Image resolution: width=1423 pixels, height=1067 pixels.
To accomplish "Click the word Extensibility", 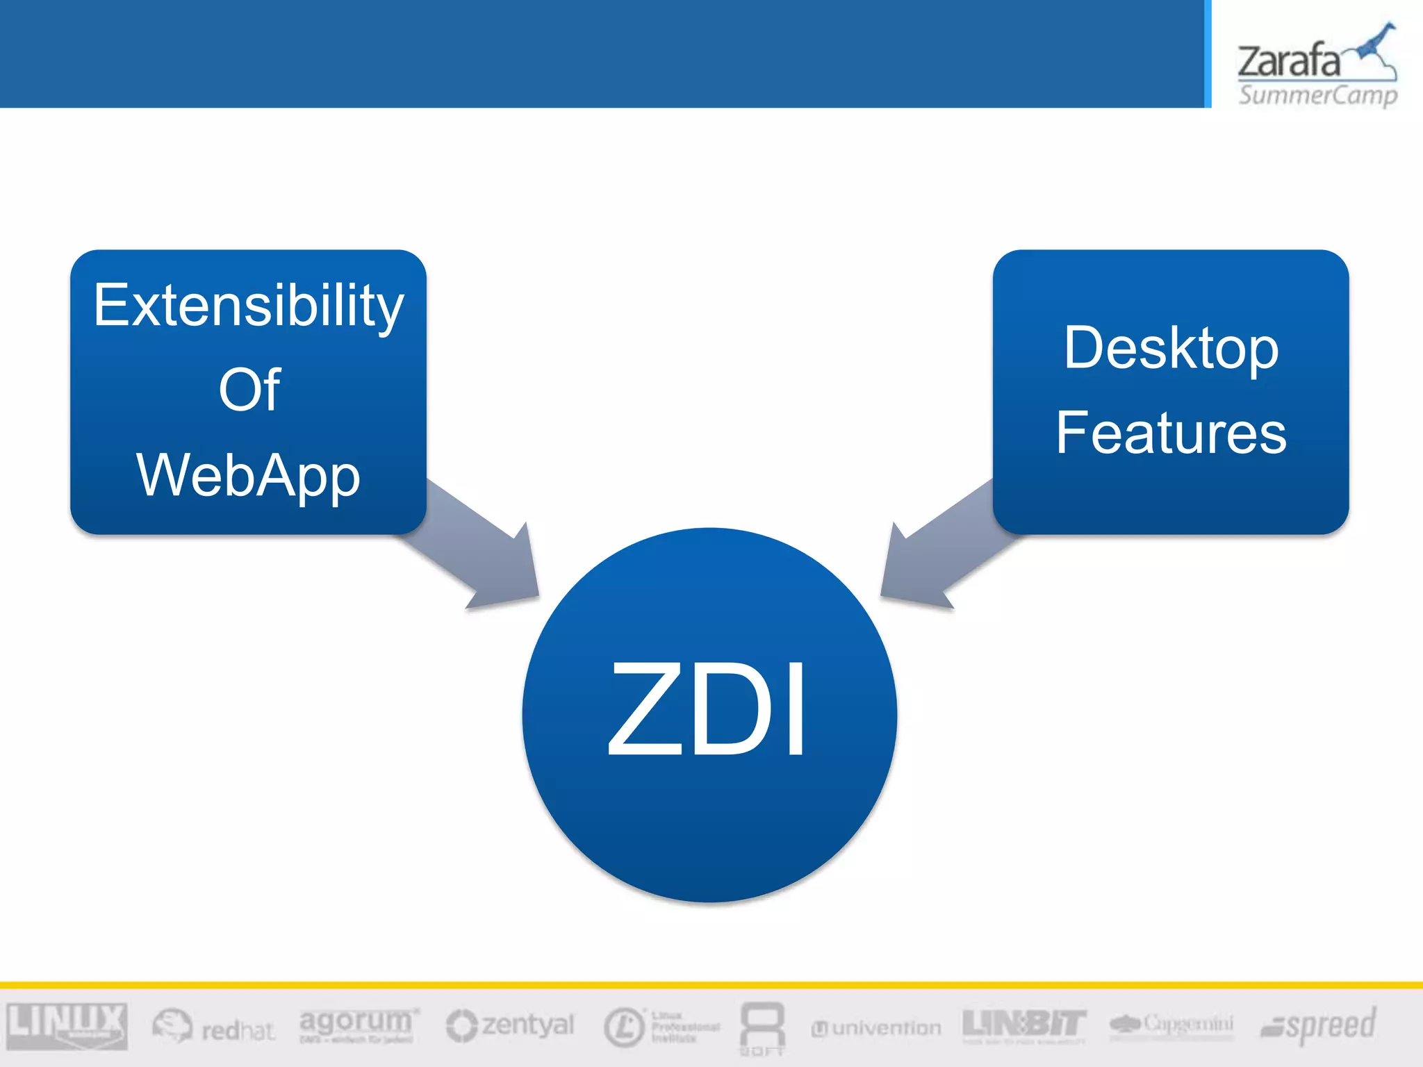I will (248, 306).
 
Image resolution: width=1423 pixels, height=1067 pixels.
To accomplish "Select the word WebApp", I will (248, 475).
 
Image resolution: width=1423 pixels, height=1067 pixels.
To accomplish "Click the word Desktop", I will (1171, 349).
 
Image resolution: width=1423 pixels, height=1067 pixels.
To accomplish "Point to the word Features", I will (1171, 433).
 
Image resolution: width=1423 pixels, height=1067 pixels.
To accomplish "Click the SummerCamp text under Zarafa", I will (1317, 94).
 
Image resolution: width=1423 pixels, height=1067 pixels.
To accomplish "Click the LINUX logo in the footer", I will (67, 1025).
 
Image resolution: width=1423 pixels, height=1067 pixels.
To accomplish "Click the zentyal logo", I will (511, 1025).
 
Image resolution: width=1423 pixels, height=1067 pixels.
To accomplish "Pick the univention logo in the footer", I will (877, 1028).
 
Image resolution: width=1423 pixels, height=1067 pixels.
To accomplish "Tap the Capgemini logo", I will (1171, 1025).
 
